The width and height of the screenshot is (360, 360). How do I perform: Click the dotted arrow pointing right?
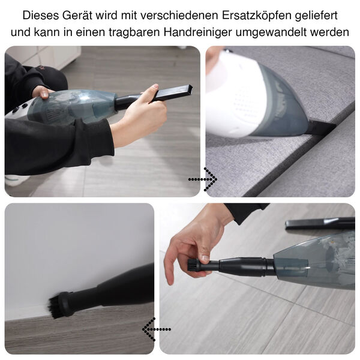(202, 179)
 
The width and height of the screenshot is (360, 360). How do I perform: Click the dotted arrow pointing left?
(156, 329)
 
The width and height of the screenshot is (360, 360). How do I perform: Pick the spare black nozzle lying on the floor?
(319, 224)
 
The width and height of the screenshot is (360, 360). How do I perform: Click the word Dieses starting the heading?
(38, 14)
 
